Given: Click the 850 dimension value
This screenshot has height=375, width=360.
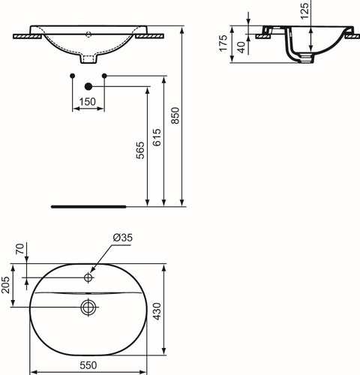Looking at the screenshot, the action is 175,115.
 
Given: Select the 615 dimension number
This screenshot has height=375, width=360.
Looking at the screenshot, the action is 157,137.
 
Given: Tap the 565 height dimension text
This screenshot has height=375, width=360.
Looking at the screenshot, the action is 140,150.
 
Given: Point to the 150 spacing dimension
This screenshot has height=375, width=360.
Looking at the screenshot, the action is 88,102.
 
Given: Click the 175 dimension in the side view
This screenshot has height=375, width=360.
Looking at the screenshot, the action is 223,43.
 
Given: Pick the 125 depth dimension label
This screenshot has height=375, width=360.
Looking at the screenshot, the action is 304,11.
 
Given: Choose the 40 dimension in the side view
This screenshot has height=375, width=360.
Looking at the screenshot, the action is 241,47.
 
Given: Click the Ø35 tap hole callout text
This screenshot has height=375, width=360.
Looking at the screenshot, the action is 123,238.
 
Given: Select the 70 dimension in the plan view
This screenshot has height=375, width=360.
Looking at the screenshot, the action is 20,249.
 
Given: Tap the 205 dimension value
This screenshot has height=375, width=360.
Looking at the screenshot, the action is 5,285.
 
